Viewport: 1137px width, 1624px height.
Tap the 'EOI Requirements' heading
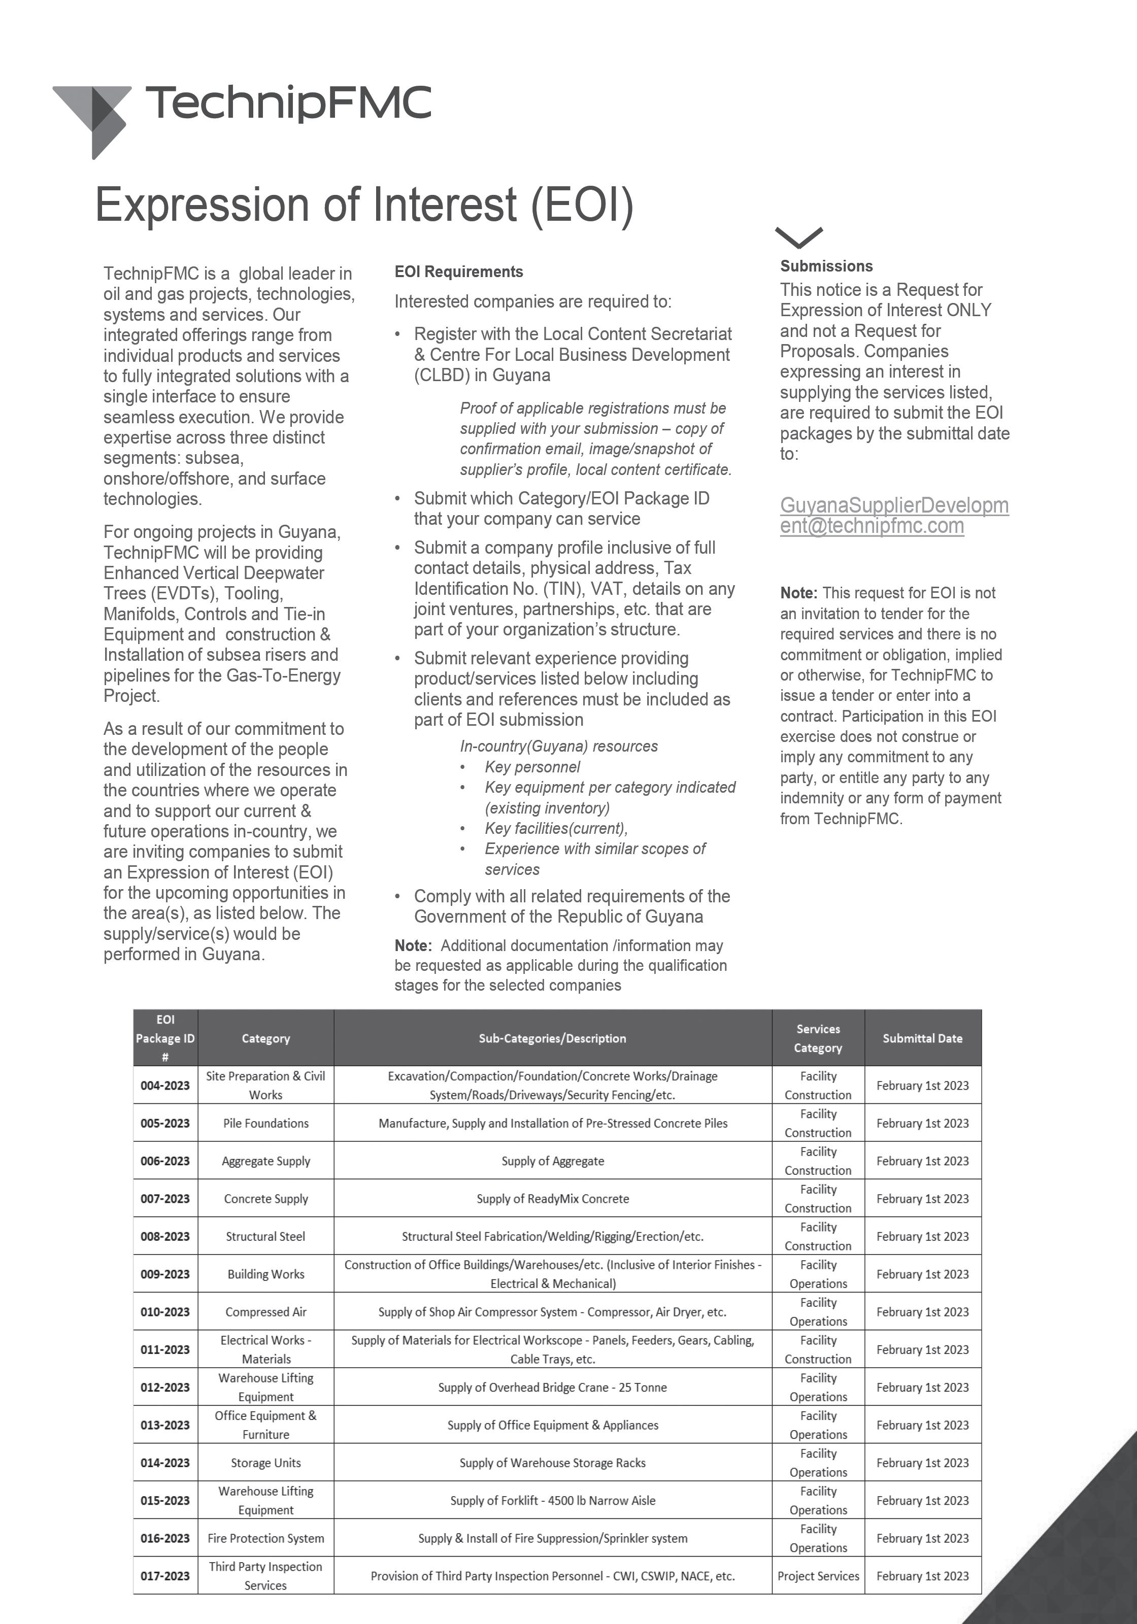(x=458, y=272)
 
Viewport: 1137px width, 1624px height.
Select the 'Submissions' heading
(x=826, y=266)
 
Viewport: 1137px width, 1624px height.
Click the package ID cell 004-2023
(x=165, y=1085)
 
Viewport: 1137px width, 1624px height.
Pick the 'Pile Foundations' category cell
(x=265, y=1123)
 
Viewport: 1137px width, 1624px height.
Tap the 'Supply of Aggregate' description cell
(x=553, y=1161)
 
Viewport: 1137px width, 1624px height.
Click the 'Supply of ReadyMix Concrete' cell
(x=553, y=1199)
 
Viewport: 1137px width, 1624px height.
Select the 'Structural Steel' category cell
(x=265, y=1236)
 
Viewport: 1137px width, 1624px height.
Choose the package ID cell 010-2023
(x=165, y=1312)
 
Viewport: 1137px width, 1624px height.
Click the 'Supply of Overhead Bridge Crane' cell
(x=553, y=1387)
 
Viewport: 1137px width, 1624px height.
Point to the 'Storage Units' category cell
(x=265, y=1463)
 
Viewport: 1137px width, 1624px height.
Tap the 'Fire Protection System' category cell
(x=265, y=1538)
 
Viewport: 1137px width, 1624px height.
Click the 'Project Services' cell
(x=818, y=1576)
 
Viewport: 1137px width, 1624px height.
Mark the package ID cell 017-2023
(x=165, y=1576)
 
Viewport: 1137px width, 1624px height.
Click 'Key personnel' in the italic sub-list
(x=532, y=767)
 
